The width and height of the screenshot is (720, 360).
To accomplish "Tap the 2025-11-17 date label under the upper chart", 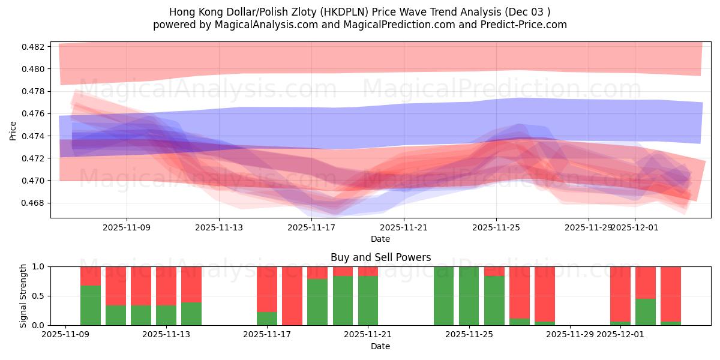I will (311, 227).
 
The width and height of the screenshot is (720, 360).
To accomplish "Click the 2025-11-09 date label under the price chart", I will (127, 227).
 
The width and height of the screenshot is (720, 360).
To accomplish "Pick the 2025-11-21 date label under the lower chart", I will (367, 334).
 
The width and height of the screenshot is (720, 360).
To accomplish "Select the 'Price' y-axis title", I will (13, 130).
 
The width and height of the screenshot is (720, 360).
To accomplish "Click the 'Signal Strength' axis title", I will (23, 296).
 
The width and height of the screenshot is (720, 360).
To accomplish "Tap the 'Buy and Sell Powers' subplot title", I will (380, 257).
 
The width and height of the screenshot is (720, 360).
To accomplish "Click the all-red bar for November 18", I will (292, 296).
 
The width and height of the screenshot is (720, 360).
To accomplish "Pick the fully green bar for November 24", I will (443, 296).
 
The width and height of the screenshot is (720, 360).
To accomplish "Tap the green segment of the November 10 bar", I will (91, 305).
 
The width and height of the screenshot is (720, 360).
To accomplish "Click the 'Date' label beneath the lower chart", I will (380, 346).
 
